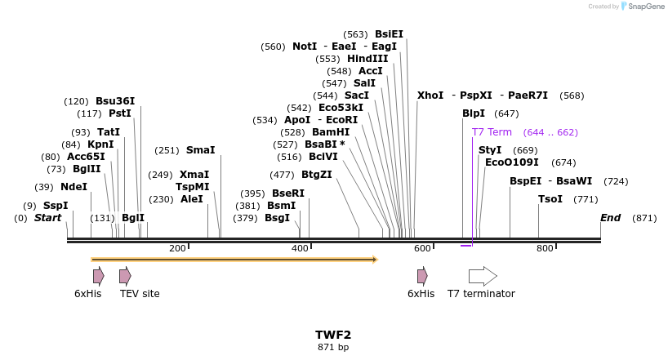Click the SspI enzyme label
[56, 206]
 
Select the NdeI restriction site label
[73, 187]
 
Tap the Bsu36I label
[115, 101]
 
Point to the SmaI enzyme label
[200, 150]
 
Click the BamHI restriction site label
[330, 132]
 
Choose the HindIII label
[367, 59]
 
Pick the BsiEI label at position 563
[389, 34]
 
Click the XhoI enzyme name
[430, 96]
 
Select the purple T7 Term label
[492, 132]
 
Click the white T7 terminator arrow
[483, 276]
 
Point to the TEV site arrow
[125, 276]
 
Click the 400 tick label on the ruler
[300, 248]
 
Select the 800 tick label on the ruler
[545, 248]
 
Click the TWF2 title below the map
[333, 335]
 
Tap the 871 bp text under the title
[333, 347]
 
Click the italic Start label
[47, 218]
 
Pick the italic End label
[610, 218]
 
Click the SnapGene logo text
[644, 7]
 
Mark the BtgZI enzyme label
[317, 175]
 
